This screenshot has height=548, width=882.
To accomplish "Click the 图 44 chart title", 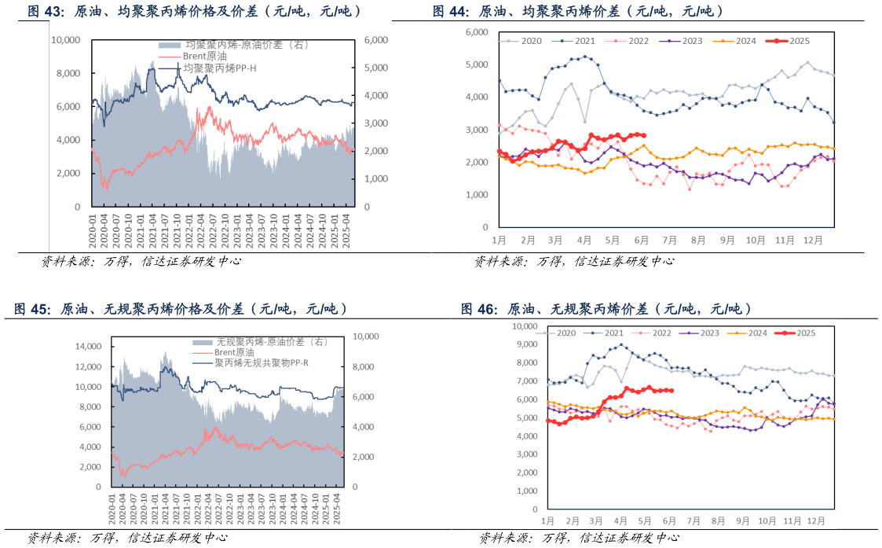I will coord(577,11).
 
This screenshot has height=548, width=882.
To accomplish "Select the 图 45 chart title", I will coord(181,309).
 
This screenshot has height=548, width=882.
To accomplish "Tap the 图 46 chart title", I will coord(606,309).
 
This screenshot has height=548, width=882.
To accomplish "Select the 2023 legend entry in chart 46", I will coord(702,333).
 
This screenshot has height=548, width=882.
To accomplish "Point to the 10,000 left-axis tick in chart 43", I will coord(65,39).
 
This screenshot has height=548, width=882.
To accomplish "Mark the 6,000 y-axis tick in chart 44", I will coord(477,31).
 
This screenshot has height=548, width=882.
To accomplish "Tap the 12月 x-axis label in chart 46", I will coord(815,520).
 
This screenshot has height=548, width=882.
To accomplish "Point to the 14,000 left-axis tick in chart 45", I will coord(89,346).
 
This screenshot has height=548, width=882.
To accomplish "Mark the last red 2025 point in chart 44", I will coord(644,135).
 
